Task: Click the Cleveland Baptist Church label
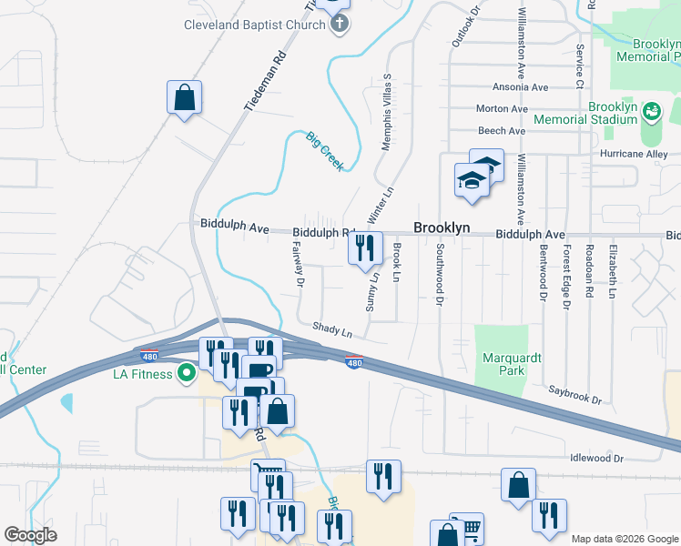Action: (254, 25)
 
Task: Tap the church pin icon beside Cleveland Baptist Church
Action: (339, 25)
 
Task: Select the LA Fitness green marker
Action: (187, 372)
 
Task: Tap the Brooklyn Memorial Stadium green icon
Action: (651, 113)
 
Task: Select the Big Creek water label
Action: (324, 151)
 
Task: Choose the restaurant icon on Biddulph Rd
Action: (364, 247)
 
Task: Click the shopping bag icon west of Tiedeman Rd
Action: (184, 98)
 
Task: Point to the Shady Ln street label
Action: (331, 329)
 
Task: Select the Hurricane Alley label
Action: (634, 154)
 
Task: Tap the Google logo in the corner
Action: (30, 535)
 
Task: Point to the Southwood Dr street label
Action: (441, 272)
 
